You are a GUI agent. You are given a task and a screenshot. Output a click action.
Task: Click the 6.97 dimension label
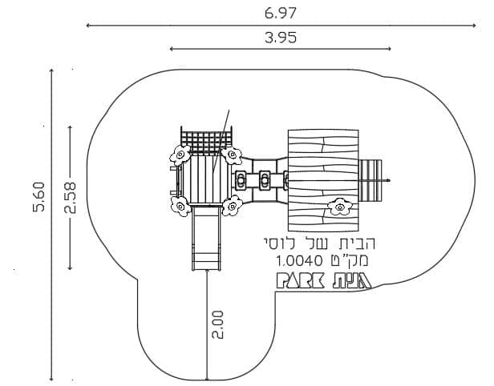[x=281, y=13]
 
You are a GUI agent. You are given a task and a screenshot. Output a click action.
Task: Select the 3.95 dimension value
[x=281, y=38]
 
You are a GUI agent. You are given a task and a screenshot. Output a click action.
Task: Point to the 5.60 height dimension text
[x=39, y=197]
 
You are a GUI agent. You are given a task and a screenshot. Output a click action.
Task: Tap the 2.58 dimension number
[x=71, y=198]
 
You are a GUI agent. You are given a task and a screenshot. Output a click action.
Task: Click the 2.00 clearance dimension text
[x=217, y=324]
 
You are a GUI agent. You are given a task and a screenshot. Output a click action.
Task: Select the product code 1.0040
[x=299, y=260]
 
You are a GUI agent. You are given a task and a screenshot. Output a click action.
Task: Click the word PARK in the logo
[x=300, y=280]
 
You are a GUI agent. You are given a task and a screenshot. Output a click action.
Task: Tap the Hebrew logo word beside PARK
[x=352, y=280]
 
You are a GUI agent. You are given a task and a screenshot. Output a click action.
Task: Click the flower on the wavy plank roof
[x=340, y=207]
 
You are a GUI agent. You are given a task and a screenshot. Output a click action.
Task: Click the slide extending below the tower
[x=206, y=238]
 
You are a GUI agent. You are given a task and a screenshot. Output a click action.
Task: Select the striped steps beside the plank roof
[x=370, y=180]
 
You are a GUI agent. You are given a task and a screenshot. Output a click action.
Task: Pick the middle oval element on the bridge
[x=265, y=180]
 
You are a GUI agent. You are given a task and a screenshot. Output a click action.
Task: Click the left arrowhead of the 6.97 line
[x=88, y=26]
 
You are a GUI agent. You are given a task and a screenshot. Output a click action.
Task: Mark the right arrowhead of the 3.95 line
[x=389, y=49]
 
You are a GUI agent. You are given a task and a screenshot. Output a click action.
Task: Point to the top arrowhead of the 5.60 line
[x=51, y=70]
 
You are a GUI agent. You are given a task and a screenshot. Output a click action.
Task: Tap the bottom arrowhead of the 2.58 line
[x=70, y=267]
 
